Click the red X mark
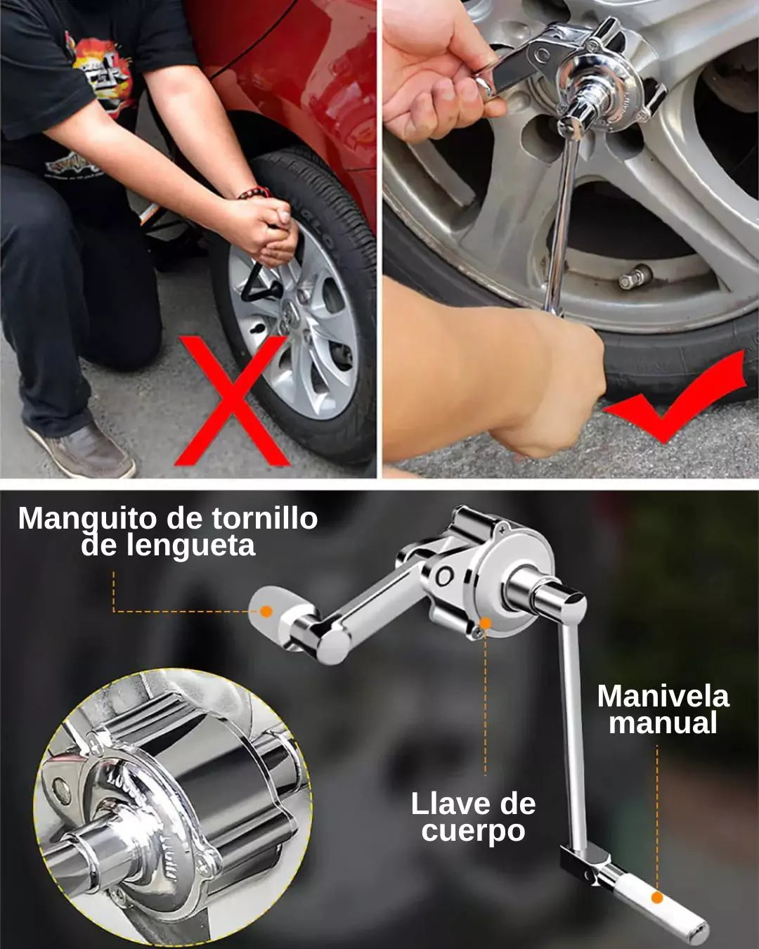coord(233,401)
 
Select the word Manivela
coord(663,697)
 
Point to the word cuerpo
coord(473,831)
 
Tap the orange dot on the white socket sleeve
coord(266,611)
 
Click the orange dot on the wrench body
coord(485,623)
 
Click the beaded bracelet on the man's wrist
coord(254,193)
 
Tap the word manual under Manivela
coord(663,723)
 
